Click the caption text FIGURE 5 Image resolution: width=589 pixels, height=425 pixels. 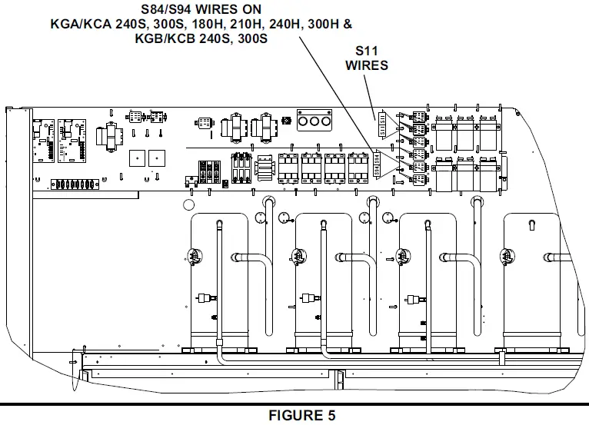pos(301,416)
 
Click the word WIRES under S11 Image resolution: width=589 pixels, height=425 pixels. pos(366,65)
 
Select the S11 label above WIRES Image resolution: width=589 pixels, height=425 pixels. pos(367,51)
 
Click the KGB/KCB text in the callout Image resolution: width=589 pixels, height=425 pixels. pos(165,38)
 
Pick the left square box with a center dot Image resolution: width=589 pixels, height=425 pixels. pos(136,157)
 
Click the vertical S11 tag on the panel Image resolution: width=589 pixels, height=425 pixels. pos(378,121)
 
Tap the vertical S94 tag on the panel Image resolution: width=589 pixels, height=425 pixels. pos(378,163)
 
